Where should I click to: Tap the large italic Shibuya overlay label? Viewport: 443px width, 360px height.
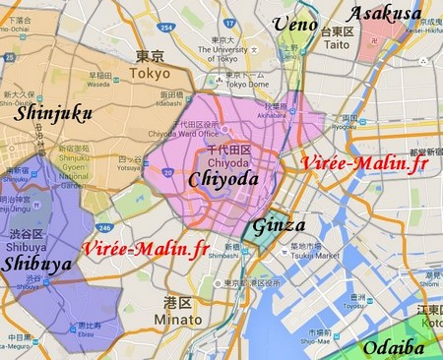(x=36, y=264)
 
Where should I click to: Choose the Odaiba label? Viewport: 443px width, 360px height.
(x=395, y=347)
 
